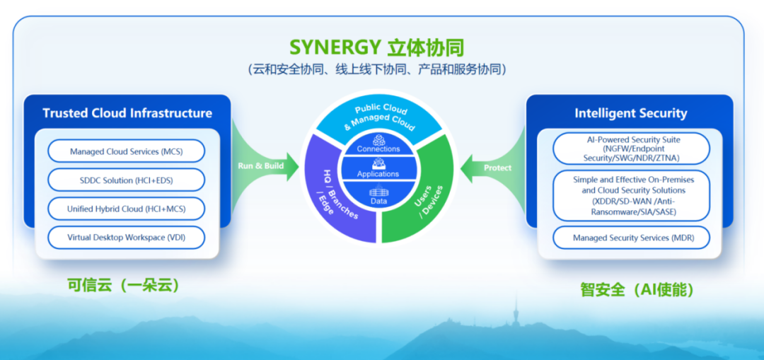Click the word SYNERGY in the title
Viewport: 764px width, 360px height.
(335, 48)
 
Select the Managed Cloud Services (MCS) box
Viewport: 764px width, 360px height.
(127, 151)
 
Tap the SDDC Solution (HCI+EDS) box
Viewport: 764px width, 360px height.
(127, 180)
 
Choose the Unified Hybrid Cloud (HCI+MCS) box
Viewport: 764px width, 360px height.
(127, 209)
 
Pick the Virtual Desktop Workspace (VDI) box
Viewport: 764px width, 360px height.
(127, 238)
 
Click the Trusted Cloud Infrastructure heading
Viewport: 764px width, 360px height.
(127, 113)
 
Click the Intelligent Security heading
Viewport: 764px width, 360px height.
(630, 113)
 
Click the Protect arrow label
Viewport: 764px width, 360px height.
(497, 168)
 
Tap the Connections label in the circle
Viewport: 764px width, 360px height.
(378, 149)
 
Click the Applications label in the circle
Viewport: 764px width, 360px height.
(378, 174)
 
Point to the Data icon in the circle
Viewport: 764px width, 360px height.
(378, 192)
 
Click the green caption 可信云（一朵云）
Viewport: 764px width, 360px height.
(123, 286)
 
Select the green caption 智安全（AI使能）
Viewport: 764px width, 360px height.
(636, 289)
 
